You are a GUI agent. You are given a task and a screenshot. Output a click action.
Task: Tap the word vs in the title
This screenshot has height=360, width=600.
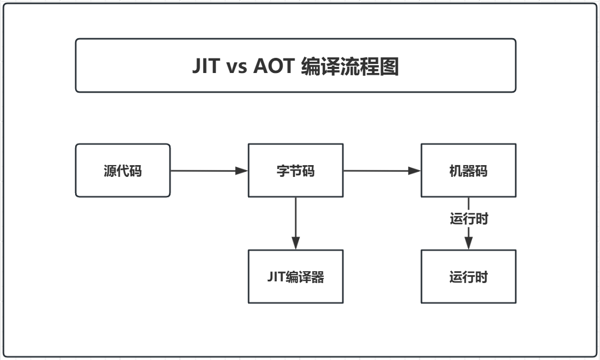236,66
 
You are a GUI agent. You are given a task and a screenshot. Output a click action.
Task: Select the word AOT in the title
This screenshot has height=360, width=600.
273,66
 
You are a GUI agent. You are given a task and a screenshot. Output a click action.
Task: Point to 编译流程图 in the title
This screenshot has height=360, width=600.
350,66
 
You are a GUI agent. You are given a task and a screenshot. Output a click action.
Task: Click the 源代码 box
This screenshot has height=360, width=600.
122,171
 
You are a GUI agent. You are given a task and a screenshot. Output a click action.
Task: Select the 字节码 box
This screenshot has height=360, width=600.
295,171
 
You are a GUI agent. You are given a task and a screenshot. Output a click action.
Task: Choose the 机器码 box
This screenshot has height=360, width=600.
468,171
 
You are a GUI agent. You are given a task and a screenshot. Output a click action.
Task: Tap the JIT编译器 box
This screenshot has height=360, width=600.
295,277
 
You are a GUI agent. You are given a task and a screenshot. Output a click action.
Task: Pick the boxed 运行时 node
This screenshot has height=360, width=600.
468,277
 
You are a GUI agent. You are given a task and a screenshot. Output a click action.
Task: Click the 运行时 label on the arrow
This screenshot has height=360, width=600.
469,219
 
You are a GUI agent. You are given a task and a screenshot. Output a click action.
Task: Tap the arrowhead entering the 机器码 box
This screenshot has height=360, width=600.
415,171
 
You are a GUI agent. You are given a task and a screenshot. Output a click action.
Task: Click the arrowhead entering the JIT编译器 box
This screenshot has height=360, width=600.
296,243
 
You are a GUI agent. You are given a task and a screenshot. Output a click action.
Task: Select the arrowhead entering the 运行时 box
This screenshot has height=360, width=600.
469,243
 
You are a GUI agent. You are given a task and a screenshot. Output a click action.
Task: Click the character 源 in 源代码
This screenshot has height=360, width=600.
110,171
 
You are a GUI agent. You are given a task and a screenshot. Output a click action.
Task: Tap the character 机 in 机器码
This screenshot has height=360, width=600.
456,171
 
